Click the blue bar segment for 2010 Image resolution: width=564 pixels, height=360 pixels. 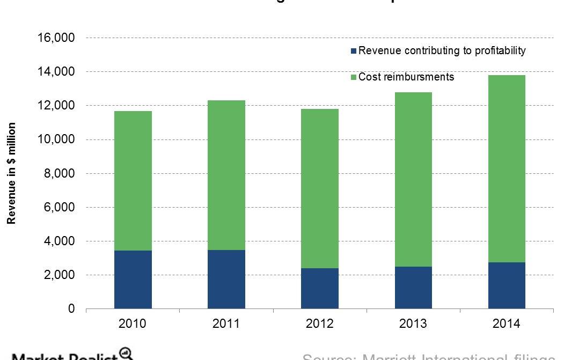[133, 280]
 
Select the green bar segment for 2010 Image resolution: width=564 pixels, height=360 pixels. [133, 181]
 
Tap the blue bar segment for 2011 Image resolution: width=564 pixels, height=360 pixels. [226, 280]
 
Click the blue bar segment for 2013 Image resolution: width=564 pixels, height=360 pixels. [413, 288]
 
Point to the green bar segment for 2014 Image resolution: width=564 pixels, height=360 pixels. [507, 168]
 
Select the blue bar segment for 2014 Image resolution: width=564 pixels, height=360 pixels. [507, 285]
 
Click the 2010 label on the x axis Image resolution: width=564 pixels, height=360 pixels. [133, 324]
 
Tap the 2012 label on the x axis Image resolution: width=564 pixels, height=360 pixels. [320, 324]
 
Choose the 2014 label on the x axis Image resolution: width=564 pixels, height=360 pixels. [507, 324]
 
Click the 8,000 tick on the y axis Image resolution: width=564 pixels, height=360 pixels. [58, 174]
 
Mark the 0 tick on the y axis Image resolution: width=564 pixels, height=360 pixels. [71, 310]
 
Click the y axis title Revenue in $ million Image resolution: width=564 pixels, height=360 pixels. [11, 173]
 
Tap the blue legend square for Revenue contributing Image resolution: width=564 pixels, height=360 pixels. [353, 52]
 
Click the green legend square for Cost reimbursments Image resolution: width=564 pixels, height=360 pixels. [353, 78]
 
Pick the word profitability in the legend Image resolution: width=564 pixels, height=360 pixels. [499, 51]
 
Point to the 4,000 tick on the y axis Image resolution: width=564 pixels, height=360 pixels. [58, 241]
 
